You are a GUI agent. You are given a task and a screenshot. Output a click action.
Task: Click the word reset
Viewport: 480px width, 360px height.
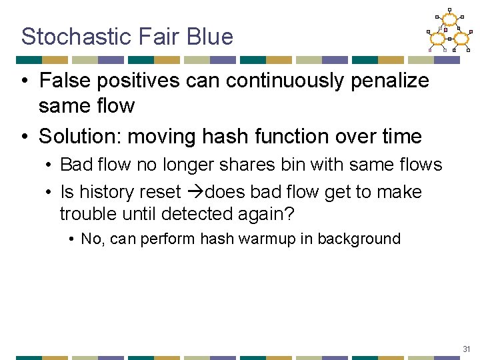pos(159,192)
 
